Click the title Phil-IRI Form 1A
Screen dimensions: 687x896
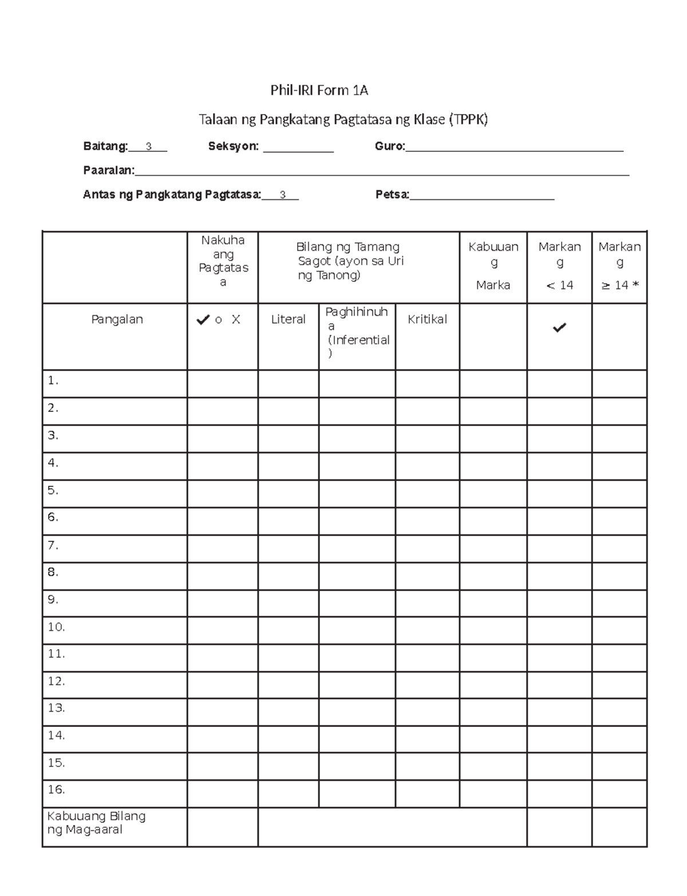319,91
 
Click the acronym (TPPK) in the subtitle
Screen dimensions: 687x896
468,120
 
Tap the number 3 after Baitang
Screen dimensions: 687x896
149,147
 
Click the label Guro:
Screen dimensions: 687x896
390,147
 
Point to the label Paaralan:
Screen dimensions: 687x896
109,171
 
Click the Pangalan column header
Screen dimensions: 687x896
117,320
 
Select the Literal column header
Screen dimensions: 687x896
288,320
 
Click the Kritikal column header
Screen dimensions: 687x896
427,320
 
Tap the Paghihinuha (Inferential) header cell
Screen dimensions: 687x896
357,332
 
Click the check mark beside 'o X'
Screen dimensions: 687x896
203,320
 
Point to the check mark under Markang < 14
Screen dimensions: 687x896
559,328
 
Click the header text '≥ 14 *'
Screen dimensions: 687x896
619,285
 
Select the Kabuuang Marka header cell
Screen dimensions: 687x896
493,266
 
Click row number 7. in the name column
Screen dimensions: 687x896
53,545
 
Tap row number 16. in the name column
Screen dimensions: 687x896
56,789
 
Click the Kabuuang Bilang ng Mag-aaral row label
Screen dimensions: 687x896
96,823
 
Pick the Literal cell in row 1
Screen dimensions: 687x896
288,384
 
